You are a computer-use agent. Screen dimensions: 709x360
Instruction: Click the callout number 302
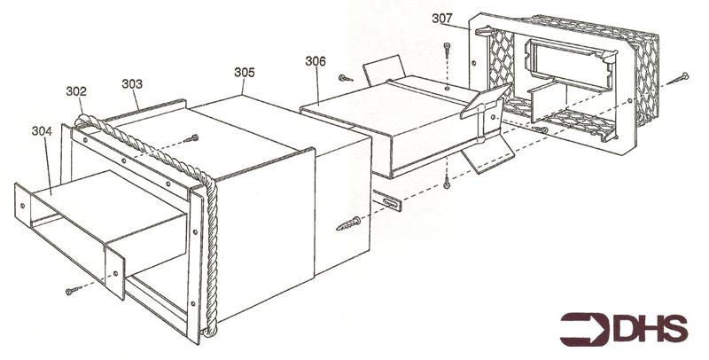click(76, 91)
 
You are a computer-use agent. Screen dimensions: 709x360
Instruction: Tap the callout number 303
click(132, 84)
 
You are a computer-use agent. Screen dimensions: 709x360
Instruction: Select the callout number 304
click(42, 131)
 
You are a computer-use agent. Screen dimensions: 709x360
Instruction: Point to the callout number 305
click(245, 73)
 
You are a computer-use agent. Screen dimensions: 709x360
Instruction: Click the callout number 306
click(316, 61)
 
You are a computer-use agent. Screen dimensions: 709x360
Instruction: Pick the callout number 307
click(441, 19)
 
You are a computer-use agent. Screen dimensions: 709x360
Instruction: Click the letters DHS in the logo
click(651, 329)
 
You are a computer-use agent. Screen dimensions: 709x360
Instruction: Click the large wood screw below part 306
click(348, 223)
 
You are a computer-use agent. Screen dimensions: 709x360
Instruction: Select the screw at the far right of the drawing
click(677, 79)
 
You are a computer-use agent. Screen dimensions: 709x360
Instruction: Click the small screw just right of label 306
click(346, 78)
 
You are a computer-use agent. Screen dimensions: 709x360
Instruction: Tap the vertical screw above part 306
click(447, 50)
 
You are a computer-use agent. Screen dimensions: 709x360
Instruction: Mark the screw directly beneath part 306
click(447, 181)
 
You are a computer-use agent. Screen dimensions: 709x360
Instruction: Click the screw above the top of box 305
click(191, 138)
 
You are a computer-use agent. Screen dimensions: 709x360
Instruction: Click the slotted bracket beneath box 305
click(386, 200)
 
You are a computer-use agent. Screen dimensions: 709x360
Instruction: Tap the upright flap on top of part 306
click(384, 69)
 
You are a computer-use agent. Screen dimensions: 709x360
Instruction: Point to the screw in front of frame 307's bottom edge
click(540, 129)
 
